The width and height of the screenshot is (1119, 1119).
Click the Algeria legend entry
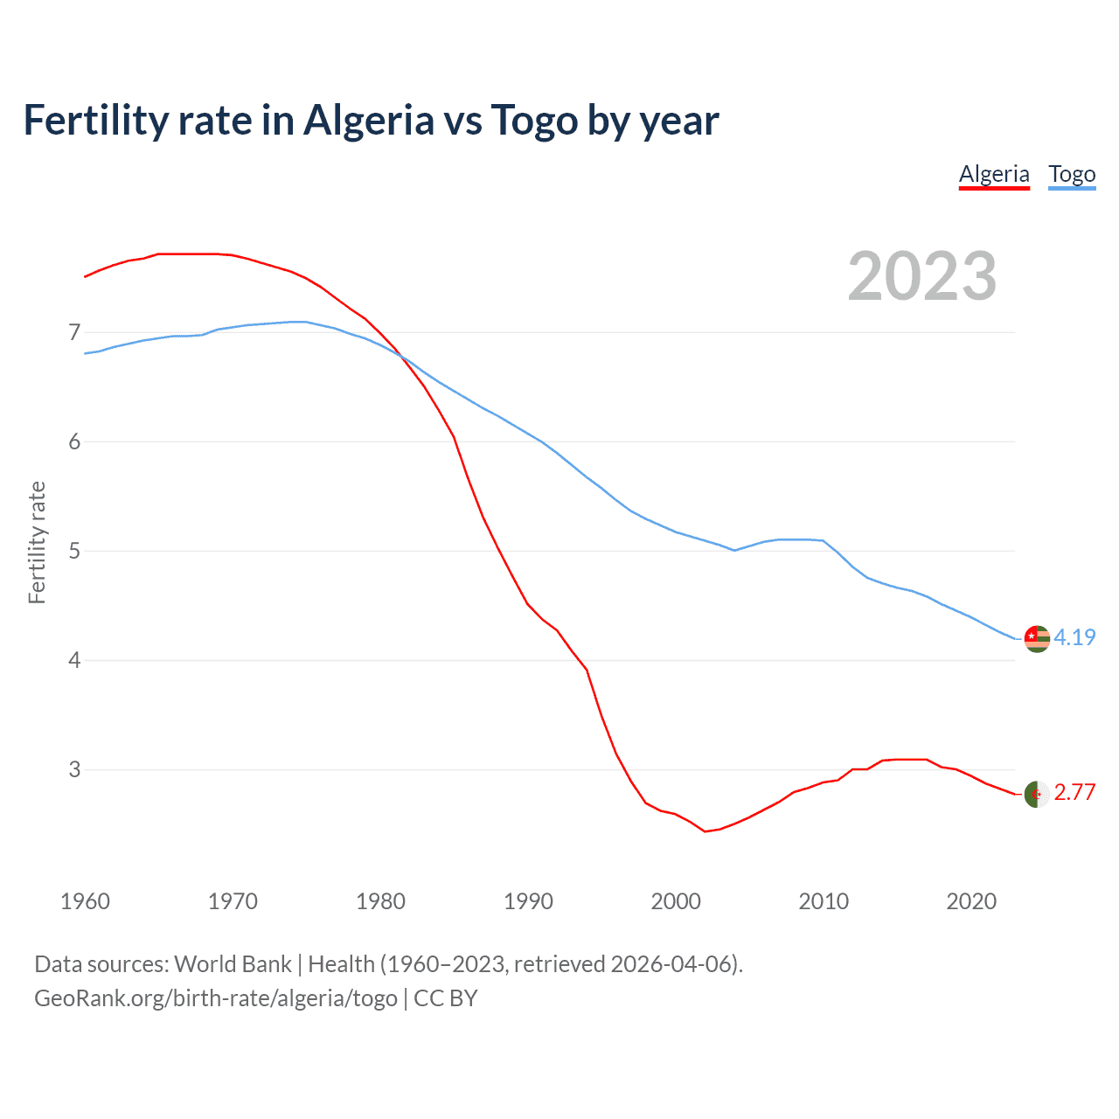click(x=994, y=174)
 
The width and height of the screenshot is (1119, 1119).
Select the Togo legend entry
click(x=1072, y=174)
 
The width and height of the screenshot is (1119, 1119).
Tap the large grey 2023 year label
click(x=922, y=276)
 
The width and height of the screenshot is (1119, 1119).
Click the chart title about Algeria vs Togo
click(x=371, y=120)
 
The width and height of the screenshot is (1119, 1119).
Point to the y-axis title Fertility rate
click(x=37, y=542)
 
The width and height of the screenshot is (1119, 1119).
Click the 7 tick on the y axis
click(x=74, y=332)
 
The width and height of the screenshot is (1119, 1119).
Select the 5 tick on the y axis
click(x=74, y=551)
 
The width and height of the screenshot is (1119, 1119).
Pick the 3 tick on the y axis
click(x=74, y=769)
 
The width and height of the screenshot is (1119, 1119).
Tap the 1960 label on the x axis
click(x=85, y=901)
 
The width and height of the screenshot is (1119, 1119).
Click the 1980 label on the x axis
click(x=380, y=901)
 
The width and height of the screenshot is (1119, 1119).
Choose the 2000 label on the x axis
click(x=676, y=901)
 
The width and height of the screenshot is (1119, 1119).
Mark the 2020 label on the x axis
click(x=971, y=901)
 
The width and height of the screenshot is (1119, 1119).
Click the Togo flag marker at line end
click(x=1037, y=639)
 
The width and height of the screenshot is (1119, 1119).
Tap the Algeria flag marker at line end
click(x=1037, y=794)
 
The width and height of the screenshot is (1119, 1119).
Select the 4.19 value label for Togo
click(x=1074, y=637)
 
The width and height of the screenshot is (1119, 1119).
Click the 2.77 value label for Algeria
click(x=1074, y=792)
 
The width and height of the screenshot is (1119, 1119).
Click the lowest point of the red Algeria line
click(x=705, y=831)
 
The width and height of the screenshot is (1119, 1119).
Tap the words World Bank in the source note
click(x=233, y=964)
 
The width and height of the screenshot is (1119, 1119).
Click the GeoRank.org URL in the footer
click(x=216, y=998)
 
